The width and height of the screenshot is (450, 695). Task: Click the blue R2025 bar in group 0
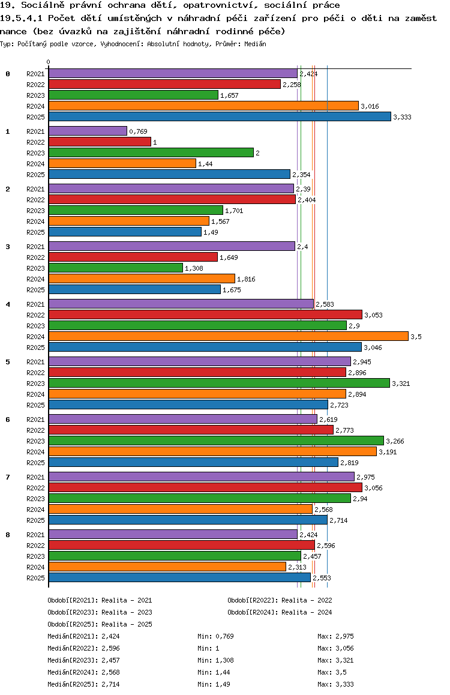pos(219,116)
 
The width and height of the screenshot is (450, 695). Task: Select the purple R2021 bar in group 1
pos(88,131)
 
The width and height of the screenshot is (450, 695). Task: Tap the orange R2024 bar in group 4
pos(228,336)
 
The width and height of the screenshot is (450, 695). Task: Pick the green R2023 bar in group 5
pos(219,383)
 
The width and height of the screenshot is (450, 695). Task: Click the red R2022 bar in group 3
pos(133,257)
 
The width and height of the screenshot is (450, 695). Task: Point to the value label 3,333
pos(402,117)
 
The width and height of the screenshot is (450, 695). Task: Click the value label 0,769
pos(138,131)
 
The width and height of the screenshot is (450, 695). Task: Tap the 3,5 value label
pos(416,337)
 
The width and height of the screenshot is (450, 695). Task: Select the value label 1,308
pos(194,268)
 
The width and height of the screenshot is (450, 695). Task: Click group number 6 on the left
pos(8,420)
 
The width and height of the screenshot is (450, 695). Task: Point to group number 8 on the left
pos(8,535)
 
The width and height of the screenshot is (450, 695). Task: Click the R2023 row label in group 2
pos(35,211)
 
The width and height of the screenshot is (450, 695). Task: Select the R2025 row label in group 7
pos(35,520)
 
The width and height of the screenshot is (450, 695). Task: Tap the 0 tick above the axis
pos(49,62)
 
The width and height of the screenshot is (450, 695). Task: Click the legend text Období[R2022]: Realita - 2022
pos(280,600)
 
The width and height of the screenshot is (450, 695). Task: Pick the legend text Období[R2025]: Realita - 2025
pos(100,624)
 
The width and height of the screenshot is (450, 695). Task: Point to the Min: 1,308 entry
pos(214,660)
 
